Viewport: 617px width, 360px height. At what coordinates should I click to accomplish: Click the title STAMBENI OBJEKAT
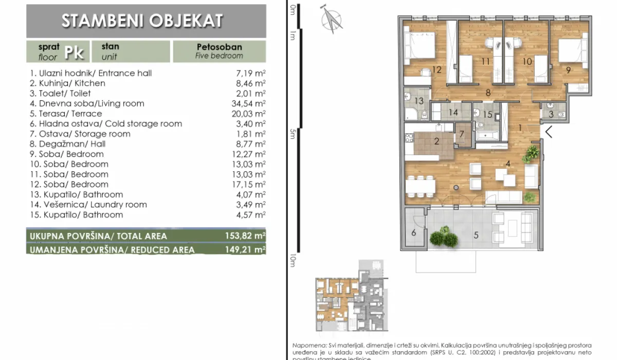click(x=142, y=21)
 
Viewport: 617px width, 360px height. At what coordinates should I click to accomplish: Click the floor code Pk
click(x=74, y=51)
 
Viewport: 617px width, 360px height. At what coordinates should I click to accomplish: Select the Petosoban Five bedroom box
click(x=219, y=51)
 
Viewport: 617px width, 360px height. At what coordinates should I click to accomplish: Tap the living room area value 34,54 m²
click(x=250, y=103)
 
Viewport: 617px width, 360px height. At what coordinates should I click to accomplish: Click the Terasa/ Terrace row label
click(x=66, y=114)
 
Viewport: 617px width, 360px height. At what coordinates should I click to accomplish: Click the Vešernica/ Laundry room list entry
click(x=88, y=205)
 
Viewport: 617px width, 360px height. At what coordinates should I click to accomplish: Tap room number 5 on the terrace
click(x=476, y=236)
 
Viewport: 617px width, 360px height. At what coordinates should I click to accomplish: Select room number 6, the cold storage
click(x=414, y=232)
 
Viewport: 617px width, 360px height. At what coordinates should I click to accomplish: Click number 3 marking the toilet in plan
click(x=551, y=114)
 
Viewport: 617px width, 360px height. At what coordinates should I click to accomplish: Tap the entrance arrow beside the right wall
click(x=549, y=132)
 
